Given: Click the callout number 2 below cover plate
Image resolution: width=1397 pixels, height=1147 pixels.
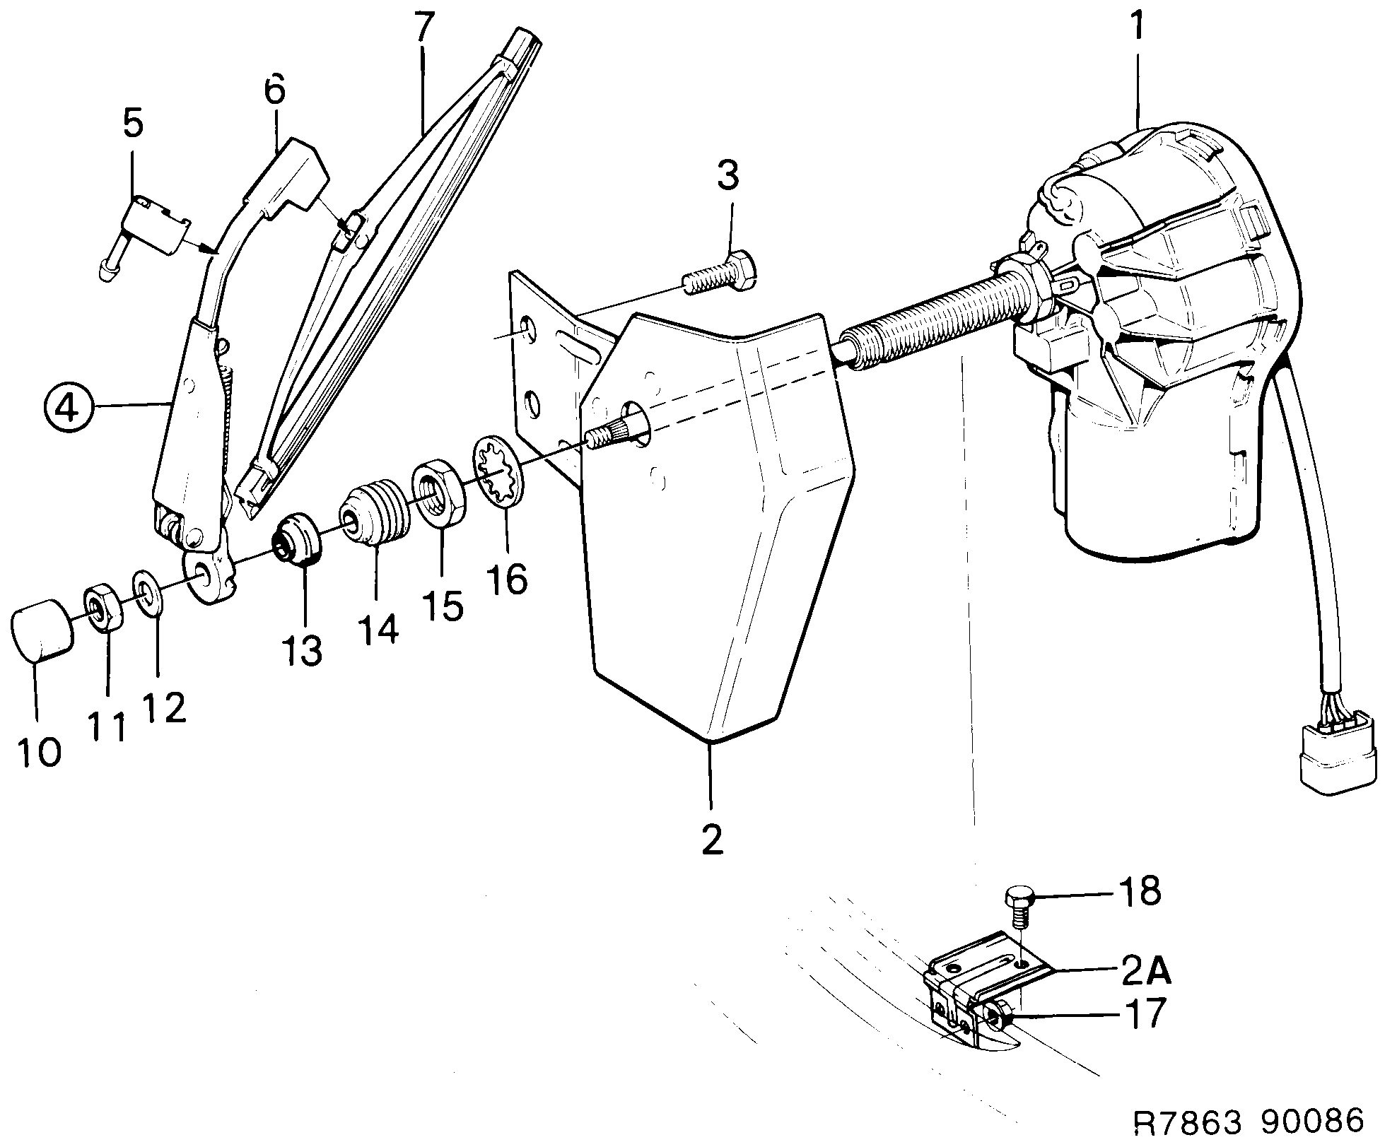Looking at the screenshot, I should [712, 839].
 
